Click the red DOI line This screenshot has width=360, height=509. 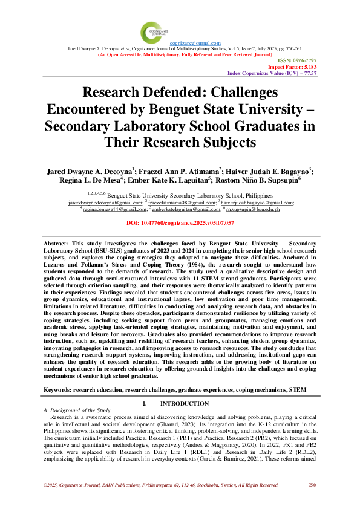(x=180, y=224)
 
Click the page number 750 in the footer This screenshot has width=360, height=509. (x=312, y=502)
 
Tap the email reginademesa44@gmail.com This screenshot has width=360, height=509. (x=108, y=209)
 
